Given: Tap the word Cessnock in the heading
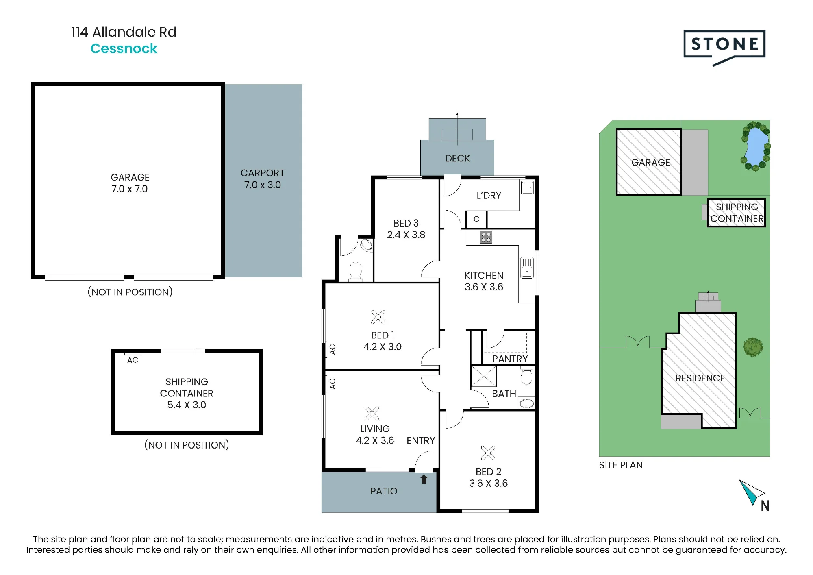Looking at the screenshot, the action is [124, 48].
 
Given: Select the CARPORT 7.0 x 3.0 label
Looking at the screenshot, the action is [262, 179].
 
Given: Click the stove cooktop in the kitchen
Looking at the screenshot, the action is [486, 237].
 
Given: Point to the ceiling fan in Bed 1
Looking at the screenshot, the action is [378, 317].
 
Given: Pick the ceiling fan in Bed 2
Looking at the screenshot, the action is [488, 453].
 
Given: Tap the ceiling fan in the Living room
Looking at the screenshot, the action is [372, 414].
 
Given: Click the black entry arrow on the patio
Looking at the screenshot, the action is [424, 479].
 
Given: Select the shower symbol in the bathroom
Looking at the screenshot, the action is [484, 376].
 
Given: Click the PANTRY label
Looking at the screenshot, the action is [510, 359].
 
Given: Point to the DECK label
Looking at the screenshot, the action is [457, 158].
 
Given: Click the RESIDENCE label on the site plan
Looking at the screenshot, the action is [700, 378].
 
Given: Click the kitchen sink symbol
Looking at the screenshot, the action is [527, 267].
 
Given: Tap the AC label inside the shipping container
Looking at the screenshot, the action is [133, 360].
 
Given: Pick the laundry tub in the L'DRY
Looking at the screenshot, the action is [527, 187].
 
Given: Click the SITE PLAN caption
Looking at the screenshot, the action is [621, 465].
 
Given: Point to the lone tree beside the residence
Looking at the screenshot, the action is [753, 347].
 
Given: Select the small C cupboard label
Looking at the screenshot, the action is [476, 219].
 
